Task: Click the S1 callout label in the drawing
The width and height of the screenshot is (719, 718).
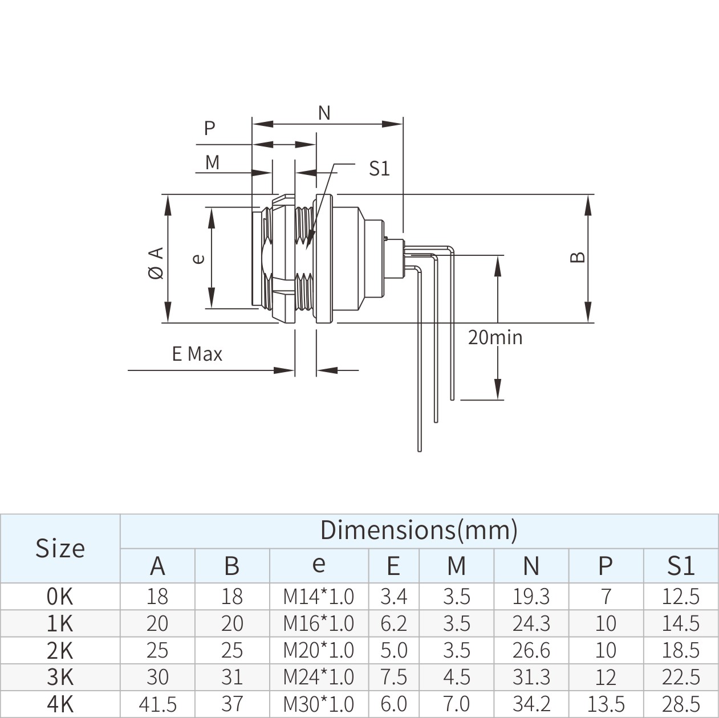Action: tap(379, 169)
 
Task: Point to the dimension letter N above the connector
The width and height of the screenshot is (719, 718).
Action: tap(324, 113)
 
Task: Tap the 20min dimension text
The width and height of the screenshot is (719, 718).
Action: tap(495, 337)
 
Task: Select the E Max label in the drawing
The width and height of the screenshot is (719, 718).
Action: tap(197, 354)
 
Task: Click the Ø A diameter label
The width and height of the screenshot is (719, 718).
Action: tap(156, 263)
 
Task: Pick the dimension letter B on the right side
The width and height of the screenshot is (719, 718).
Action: tap(578, 257)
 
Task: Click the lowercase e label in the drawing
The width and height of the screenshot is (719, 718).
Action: tap(198, 258)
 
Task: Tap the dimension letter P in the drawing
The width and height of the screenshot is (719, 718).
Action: tap(210, 128)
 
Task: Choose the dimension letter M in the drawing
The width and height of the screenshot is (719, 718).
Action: tap(212, 162)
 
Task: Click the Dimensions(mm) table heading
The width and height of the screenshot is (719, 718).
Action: tap(419, 530)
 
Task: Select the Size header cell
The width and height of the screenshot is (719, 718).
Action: tap(60, 548)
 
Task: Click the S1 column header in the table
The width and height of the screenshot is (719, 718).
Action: tap(680, 565)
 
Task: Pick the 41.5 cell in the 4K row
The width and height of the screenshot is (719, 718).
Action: tap(157, 704)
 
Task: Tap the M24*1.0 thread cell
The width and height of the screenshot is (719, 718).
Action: tap(319, 677)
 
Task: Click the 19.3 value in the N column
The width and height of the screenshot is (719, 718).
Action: tap(531, 596)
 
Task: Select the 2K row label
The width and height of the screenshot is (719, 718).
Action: tap(60, 650)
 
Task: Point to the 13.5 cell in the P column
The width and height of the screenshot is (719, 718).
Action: tap(606, 704)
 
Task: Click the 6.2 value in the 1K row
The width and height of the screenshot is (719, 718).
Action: tap(393, 623)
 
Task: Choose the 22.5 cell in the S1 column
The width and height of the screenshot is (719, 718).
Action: tap(680, 677)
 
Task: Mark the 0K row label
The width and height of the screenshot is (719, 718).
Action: tap(60, 596)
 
